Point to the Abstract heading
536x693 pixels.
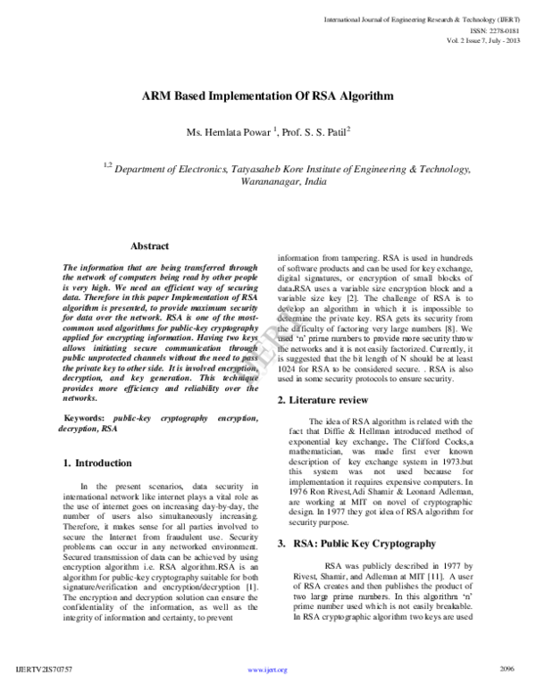[x=151, y=246]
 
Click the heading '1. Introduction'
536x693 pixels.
[x=99, y=463]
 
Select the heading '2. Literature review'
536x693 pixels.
[x=323, y=398]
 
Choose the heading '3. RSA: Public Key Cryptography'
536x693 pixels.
[x=344, y=543]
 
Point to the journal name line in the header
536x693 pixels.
[x=429, y=17]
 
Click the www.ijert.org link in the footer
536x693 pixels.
[x=268, y=670]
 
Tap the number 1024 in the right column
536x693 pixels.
[x=288, y=369]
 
